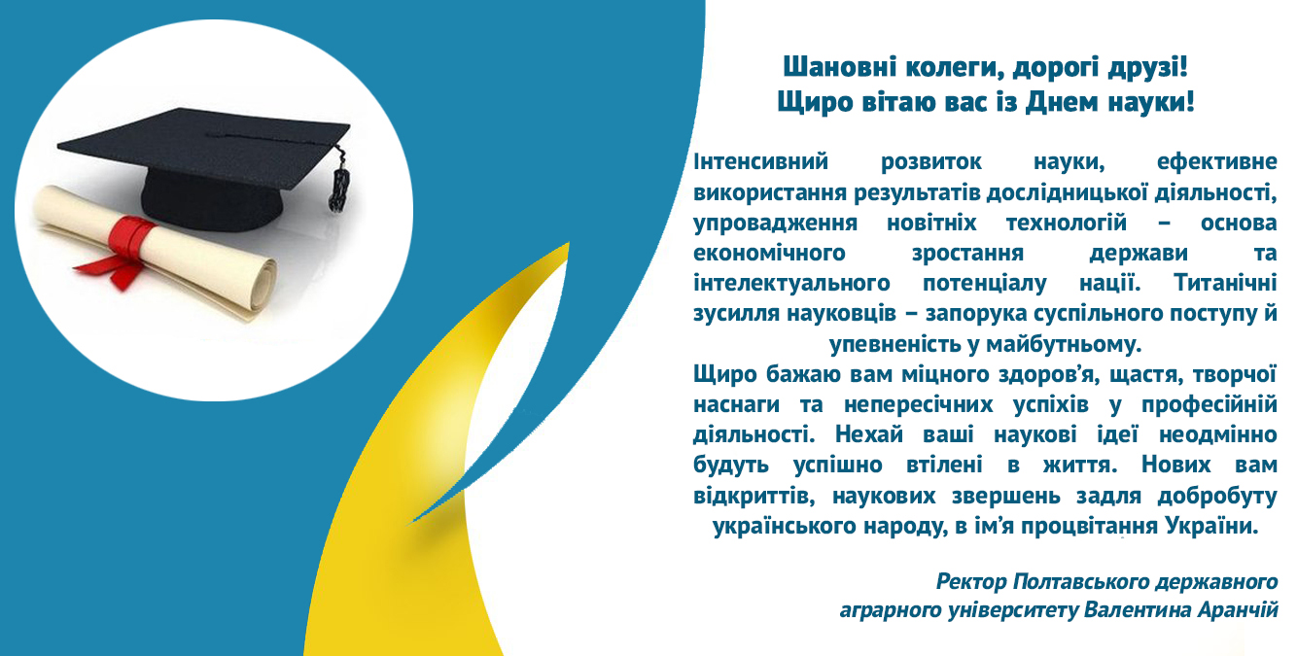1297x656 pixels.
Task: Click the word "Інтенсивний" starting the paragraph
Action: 761,161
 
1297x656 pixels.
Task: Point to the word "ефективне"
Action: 1216,161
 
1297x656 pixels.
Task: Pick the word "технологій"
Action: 1066,223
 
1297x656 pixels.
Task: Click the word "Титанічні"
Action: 1225,283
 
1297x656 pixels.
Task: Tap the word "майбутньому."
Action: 1063,344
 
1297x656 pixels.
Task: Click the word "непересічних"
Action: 919,404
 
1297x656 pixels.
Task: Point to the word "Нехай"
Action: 869,434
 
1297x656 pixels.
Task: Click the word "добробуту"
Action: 1217,496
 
